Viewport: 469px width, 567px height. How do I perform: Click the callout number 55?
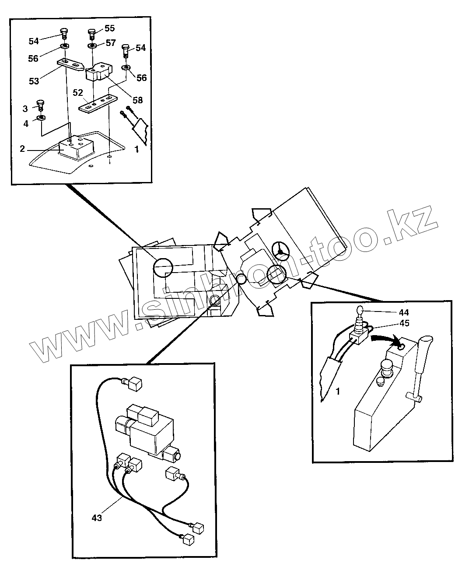pyautogui.click(x=109, y=28)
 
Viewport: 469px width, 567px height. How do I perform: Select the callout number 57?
pyautogui.click(x=110, y=42)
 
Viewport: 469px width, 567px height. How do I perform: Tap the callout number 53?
pyautogui.click(x=34, y=81)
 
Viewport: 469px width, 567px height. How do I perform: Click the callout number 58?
pyautogui.click(x=138, y=100)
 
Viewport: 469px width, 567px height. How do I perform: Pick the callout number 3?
pyautogui.click(x=25, y=108)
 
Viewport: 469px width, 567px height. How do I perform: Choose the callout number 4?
pyautogui.click(x=26, y=124)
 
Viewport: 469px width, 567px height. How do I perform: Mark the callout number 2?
pyautogui.click(x=22, y=148)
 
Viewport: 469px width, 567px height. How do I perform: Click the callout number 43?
pyautogui.click(x=97, y=518)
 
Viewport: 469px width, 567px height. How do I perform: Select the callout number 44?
pyautogui.click(x=404, y=313)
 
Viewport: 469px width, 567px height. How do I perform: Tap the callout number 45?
pyautogui.click(x=404, y=324)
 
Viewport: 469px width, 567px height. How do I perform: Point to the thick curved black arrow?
pyautogui.click(x=385, y=338)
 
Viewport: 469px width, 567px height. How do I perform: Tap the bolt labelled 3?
pyautogui.click(x=40, y=105)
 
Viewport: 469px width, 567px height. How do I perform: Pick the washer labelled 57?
pyautogui.click(x=92, y=45)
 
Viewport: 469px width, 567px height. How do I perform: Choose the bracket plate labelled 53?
pyautogui.click(x=71, y=65)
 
